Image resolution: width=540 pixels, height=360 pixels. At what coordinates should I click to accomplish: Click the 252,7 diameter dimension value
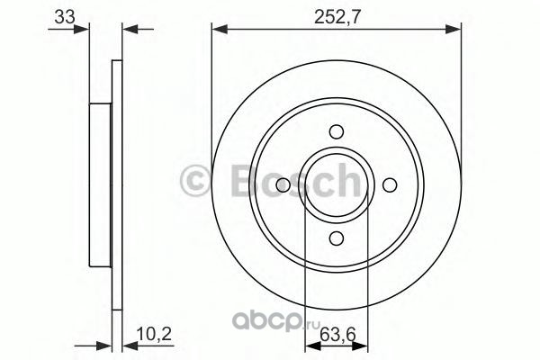click(337, 16)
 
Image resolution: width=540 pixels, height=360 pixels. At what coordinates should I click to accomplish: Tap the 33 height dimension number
click(65, 16)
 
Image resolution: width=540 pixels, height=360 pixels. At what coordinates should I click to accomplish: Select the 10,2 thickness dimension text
click(154, 334)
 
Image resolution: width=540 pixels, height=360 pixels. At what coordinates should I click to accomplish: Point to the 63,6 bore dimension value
click(337, 335)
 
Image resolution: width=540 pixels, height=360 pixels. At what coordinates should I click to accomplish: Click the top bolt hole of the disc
click(336, 132)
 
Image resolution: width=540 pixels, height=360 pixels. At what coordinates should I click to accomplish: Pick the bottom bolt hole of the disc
click(336, 238)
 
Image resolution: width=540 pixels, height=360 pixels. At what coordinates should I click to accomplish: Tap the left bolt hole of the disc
click(283, 185)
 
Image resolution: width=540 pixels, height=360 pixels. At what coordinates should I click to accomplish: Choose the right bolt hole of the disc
click(390, 185)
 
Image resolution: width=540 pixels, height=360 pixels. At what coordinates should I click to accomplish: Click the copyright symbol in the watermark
click(194, 182)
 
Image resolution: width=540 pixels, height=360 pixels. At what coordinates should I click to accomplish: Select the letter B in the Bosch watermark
click(245, 182)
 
